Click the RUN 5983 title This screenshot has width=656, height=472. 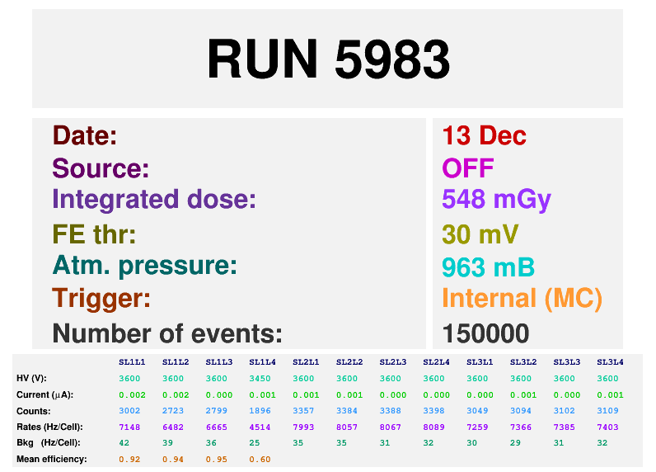(x=328, y=59)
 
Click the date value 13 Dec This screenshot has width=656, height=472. (x=484, y=135)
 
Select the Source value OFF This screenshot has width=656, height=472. (x=467, y=168)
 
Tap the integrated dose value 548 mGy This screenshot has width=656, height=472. (x=496, y=200)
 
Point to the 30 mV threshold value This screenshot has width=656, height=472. (x=480, y=234)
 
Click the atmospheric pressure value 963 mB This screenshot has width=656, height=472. (x=488, y=267)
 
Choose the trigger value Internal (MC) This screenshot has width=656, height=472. (x=522, y=298)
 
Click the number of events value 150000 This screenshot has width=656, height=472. (x=485, y=333)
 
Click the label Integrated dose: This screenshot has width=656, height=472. (x=154, y=200)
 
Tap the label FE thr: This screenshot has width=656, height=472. (x=94, y=234)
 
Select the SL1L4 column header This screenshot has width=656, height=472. (x=262, y=362)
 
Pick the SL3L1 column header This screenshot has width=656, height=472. (x=480, y=362)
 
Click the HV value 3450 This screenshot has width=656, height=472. (x=262, y=379)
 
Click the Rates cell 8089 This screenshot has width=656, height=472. (x=436, y=427)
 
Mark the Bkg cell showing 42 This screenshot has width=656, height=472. (x=124, y=443)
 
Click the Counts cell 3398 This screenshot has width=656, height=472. (x=436, y=411)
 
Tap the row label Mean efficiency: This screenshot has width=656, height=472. (x=51, y=459)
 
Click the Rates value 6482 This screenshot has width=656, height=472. (x=175, y=427)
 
